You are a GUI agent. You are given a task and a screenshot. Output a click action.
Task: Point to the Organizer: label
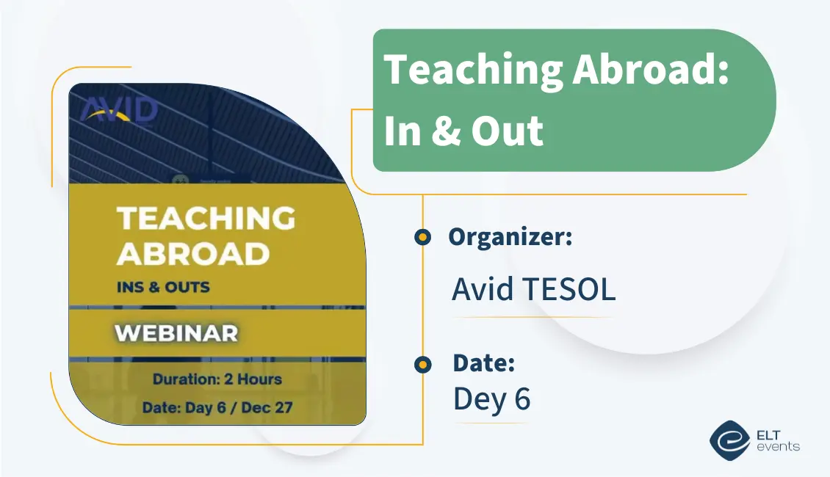[x=510, y=237]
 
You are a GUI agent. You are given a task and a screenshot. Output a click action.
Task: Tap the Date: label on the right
[x=483, y=363]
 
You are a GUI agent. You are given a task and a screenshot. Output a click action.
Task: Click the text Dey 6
[x=491, y=398]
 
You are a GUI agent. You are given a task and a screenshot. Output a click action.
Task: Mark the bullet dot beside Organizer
[x=422, y=237]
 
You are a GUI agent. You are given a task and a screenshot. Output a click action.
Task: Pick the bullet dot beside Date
[x=422, y=364]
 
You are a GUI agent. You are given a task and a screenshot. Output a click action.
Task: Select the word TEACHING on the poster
[x=206, y=219]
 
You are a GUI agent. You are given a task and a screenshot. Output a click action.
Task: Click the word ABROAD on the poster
[x=192, y=254]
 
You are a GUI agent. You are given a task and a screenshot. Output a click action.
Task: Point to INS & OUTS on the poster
[x=162, y=287]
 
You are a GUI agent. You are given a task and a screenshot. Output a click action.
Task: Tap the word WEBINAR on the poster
[x=176, y=333]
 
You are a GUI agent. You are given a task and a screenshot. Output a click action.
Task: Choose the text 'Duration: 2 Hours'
[x=217, y=379]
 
